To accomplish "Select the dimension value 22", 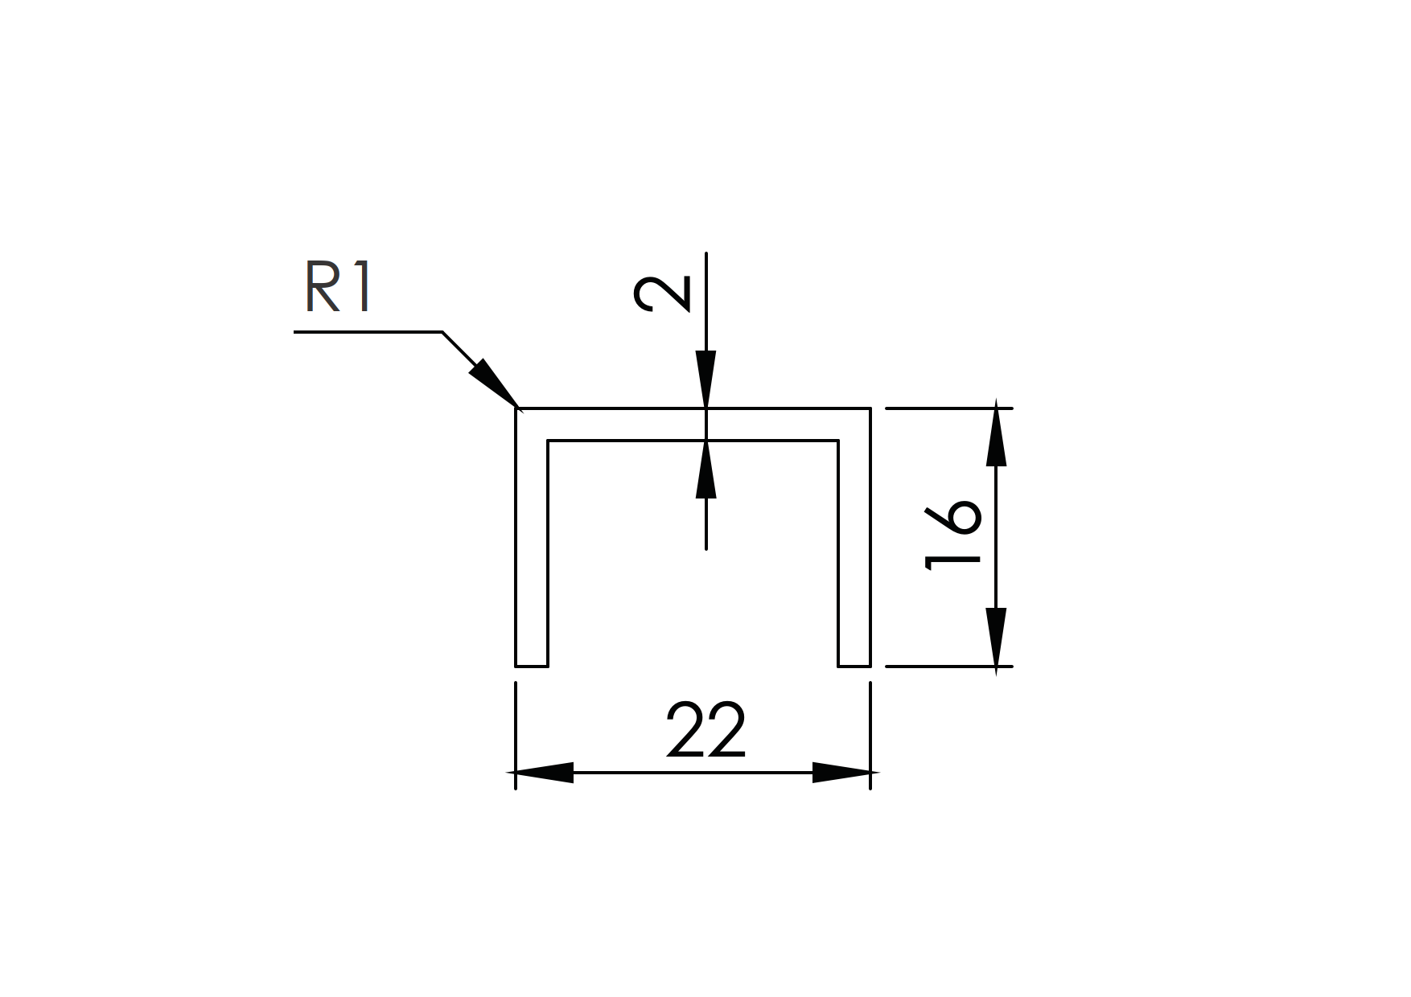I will click(706, 731).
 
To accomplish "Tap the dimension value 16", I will click(953, 536).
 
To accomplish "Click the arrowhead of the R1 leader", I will click(492, 384).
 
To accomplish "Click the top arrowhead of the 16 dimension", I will click(997, 437).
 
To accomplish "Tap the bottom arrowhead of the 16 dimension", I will click(997, 638).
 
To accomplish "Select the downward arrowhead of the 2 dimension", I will click(705, 380).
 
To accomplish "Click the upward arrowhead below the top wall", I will click(705, 469).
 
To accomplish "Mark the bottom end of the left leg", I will click(532, 666).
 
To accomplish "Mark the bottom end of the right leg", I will click(854, 666).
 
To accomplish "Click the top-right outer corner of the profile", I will click(870, 408).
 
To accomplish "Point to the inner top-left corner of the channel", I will click(548, 441).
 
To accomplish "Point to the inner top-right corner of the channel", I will click(838, 441).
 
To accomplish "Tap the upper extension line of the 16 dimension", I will click(949, 408).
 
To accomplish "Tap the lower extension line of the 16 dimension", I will click(949, 666).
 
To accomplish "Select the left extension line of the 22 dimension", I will click(516, 736).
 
